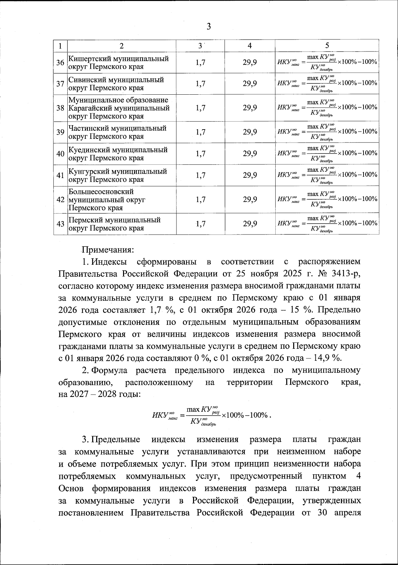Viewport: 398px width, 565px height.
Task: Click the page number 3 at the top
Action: (x=208, y=27)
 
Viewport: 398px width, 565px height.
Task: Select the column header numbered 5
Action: (x=327, y=46)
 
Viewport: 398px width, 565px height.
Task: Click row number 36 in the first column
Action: (x=60, y=62)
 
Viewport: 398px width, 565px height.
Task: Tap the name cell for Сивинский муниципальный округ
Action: (x=116, y=84)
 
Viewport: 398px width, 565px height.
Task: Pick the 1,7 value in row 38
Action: (x=200, y=108)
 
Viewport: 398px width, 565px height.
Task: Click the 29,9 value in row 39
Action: (x=250, y=132)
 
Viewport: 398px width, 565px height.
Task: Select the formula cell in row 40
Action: (x=327, y=153)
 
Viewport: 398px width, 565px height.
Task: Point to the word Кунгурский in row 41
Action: (x=85, y=171)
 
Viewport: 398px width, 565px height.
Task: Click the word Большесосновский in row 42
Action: (x=101, y=192)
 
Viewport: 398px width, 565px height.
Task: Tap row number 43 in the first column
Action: (x=60, y=224)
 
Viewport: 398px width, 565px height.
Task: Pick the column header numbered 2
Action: (x=121, y=46)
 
